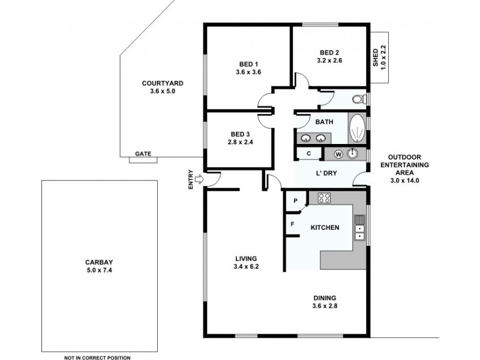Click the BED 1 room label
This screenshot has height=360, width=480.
[248, 64]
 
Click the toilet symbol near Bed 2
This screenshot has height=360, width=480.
[358, 99]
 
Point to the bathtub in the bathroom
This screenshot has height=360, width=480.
[356, 128]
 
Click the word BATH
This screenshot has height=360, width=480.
[324, 122]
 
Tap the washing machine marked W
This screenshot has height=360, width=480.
[338, 154]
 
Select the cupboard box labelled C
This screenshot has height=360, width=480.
[308, 154]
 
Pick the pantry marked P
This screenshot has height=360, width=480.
[296, 200]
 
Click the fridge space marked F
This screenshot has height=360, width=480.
[293, 224]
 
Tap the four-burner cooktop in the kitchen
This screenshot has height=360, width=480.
[325, 197]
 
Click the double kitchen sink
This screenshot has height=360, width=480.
[359, 227]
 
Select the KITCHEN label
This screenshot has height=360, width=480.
[325, 227]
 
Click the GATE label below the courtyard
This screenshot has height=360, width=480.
[143, 154]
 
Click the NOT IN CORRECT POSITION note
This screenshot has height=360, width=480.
[97, 358]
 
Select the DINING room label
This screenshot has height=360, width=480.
[324, 298]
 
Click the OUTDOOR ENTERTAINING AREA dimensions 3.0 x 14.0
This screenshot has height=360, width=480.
[408, 180]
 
